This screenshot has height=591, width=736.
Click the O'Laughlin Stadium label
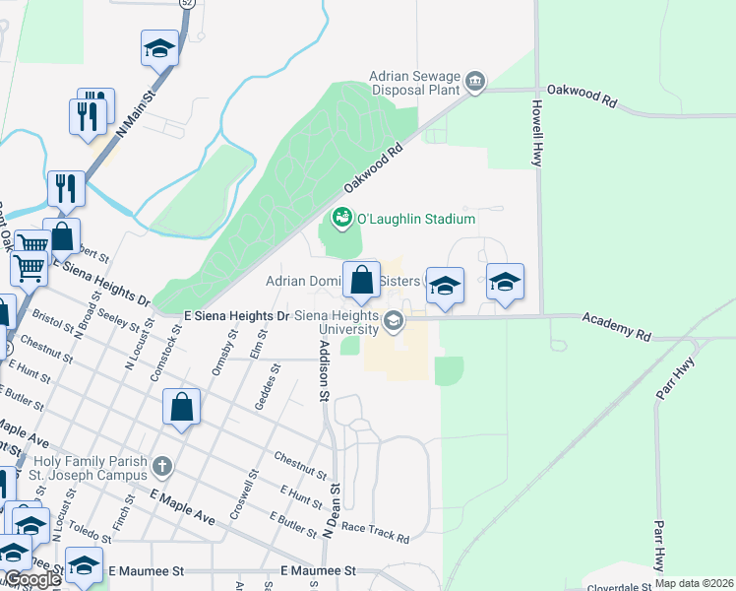pos(415,219)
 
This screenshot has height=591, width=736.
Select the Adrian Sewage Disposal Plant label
pos(415,83)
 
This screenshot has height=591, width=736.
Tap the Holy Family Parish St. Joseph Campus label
pos(91,468)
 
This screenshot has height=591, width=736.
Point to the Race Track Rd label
pos(375,533)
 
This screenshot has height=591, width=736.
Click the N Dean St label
pos(334,509)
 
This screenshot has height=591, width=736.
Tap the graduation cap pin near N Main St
pos(159,47)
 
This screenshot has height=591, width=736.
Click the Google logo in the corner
pos(31,579)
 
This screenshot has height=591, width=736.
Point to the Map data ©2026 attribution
pos(694,583)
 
